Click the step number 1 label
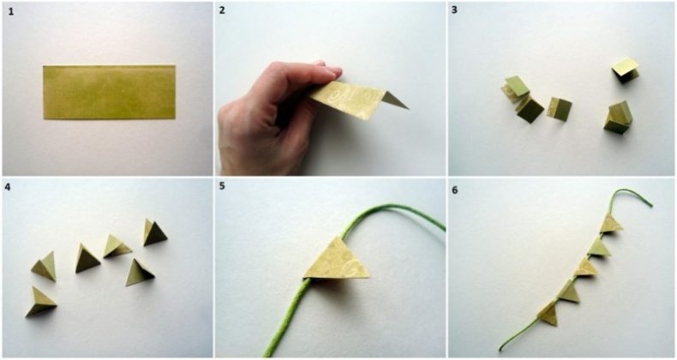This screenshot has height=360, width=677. [x=11, y=12]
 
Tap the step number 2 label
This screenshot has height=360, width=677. [x=222, y=10]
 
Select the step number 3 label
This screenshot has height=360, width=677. [x=455, y=10]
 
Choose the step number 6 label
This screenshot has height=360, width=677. [x=455, y=190]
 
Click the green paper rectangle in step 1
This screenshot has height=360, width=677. [x=109, y=92]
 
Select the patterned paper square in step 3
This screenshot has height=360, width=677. [x=560, y=109]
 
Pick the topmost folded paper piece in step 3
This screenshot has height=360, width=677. [x=625, y=70]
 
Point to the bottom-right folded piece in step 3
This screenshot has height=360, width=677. [x=618, y=117]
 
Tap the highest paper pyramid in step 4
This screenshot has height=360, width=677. [x=154, y=232]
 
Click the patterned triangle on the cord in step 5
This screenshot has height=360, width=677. [x=337, y=261]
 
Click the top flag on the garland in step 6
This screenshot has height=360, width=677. [x=611, y=223]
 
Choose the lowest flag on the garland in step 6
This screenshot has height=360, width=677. [x=548, y=314]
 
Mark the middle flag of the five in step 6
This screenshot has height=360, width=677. [x=586, y=268]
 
